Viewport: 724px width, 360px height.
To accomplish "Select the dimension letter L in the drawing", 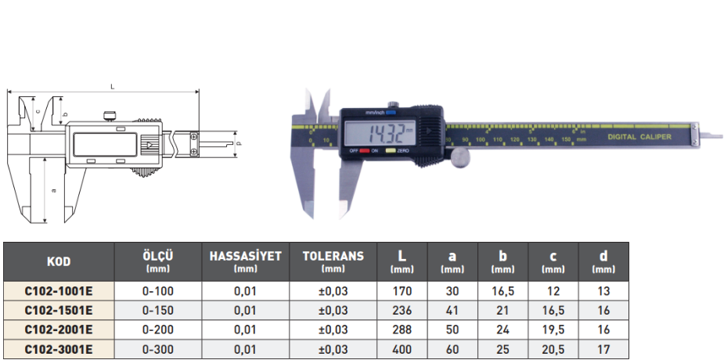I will coord(113,86).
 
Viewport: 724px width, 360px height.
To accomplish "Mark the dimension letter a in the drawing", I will coord(52,190).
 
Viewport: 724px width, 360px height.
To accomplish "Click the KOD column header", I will coord(59,261).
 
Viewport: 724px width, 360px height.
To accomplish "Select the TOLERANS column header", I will coord(333,261).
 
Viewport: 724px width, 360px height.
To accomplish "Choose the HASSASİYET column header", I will coord(245,261).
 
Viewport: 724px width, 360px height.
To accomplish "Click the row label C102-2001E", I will coord(59,329).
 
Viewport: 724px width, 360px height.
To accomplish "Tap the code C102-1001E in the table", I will coord(59,291).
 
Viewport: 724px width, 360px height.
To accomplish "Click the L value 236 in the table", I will coord(402,311).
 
